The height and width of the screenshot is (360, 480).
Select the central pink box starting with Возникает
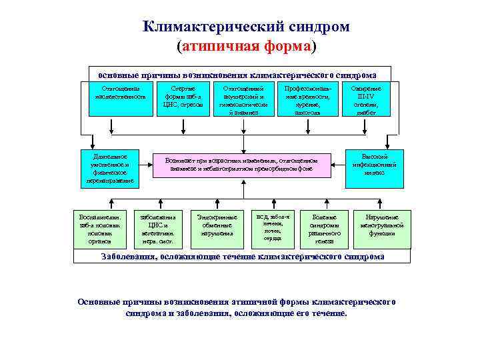coord(243,165)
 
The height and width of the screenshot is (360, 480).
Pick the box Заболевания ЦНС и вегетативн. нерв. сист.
coord(157,229)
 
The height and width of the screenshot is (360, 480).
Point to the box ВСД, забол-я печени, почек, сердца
coord(273,227)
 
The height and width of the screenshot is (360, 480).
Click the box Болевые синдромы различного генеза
coord(325,229)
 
